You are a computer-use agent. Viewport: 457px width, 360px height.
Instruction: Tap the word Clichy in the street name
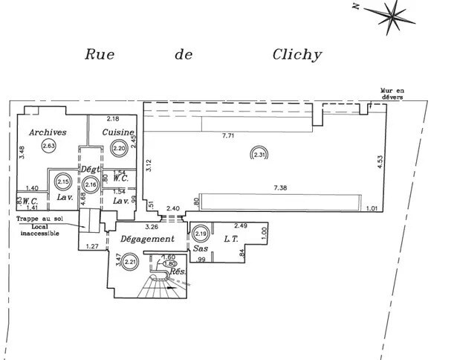[x=296, y=54]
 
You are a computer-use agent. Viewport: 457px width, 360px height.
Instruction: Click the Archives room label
[x=48, y=132]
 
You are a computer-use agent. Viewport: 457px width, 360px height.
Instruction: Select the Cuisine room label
[x=117, y=132]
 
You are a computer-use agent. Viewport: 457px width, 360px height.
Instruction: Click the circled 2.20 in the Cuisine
[x=118, y=148]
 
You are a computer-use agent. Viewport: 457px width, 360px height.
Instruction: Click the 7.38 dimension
[x=281, y=188]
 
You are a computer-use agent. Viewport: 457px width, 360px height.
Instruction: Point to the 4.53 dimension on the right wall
[x=380, y=161]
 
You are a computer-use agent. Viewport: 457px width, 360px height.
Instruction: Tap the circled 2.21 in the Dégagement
[x=130, y=260]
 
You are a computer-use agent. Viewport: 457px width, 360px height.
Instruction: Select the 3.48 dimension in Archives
[x=23, y=152]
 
